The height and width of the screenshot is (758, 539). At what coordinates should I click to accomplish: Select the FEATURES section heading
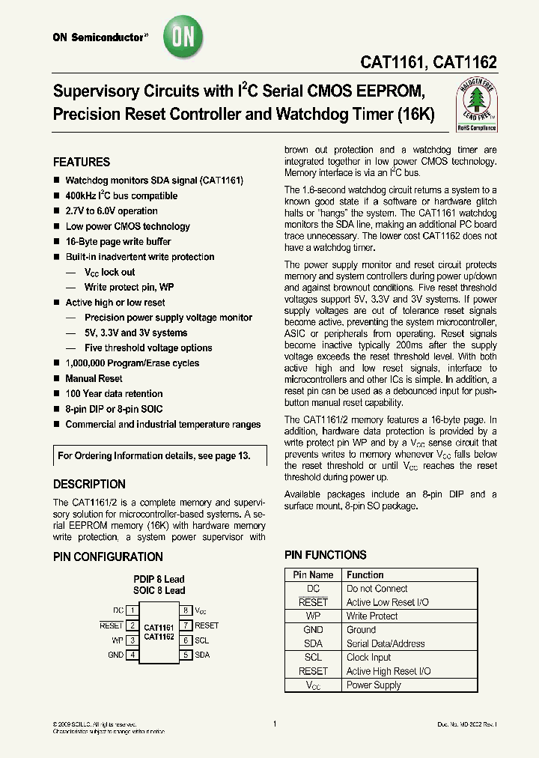tap(82, 163)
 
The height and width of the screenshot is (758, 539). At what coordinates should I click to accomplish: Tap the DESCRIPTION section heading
tap(89, 485)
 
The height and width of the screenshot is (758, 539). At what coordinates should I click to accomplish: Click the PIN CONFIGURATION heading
tap(108, 557)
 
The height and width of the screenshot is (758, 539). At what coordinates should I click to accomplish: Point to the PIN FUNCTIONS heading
tap(326, 555)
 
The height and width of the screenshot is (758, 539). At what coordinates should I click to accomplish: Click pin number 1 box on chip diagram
tap(132, 610)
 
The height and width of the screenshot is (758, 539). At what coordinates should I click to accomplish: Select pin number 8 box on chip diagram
tap(185, 610)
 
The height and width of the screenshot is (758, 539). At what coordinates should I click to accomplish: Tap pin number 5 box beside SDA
tap(185, 655)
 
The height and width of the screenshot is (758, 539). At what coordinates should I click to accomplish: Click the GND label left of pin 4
tap(115, 655)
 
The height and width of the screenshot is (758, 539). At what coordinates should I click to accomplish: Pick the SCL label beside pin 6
tap(201, 640)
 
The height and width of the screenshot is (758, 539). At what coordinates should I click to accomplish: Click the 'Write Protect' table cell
tap(372, 616)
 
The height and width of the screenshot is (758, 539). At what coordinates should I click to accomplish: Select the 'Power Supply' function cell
tap(374, 685)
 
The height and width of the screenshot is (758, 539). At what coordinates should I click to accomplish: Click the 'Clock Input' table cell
tap(368, 657)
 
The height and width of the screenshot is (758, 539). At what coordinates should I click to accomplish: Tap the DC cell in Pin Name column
tap(313, 589)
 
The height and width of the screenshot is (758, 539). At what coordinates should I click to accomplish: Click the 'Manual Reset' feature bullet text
tap(94, 378)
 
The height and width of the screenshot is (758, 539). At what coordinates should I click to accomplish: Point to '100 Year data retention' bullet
tap(114, 394)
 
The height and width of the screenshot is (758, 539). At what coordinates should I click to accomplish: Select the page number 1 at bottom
tap(275, 724)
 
